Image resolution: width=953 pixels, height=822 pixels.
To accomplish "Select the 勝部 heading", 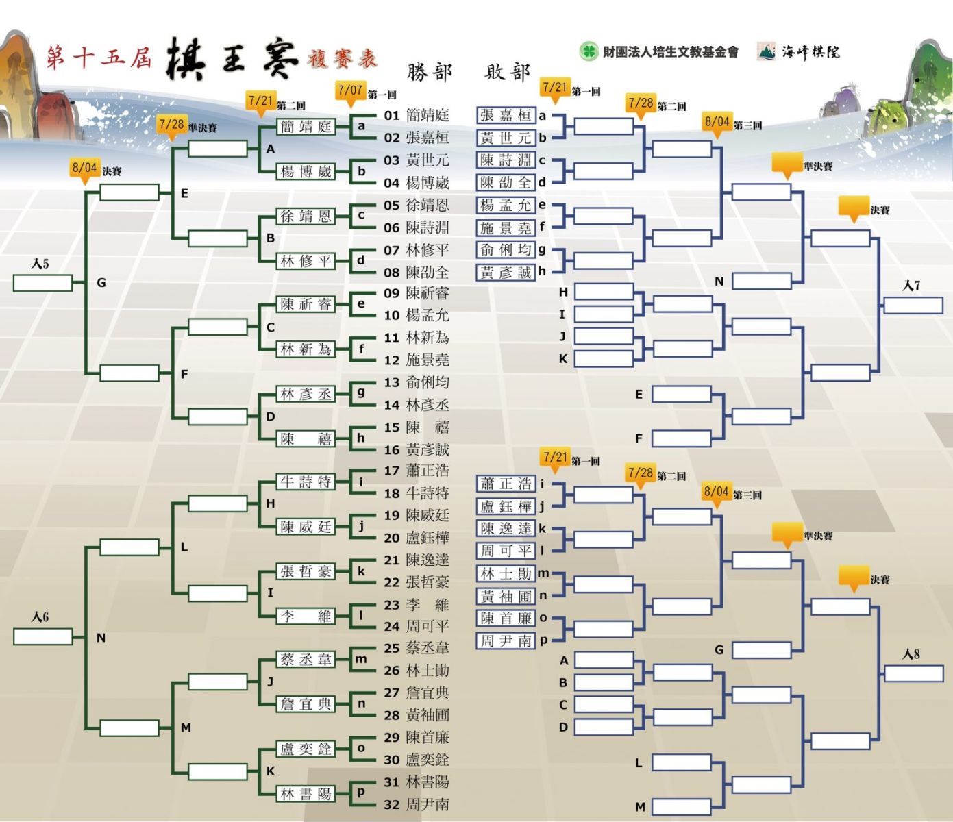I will coord(430,72).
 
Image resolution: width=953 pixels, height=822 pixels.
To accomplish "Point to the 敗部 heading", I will coord(508,72).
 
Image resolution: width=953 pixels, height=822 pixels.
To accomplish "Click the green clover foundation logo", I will coord(588,51).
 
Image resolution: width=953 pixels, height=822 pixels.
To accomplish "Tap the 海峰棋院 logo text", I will coord(810,51).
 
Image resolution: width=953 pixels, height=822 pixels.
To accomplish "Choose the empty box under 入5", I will coord(42,283).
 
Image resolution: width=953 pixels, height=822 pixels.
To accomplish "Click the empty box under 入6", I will coord(42,636).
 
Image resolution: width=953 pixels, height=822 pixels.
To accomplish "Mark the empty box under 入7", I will coord(913,305).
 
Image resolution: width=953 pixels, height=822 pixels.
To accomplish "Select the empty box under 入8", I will coord(913,673).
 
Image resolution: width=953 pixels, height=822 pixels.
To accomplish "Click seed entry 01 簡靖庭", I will coord(417,115).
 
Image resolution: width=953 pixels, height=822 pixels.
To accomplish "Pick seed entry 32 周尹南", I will coord(417,804).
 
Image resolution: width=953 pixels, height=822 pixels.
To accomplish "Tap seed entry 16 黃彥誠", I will coord(417,449).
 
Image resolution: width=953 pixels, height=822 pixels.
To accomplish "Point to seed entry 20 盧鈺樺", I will coord(417,538).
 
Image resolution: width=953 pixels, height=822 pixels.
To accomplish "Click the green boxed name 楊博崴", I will coord(306,171).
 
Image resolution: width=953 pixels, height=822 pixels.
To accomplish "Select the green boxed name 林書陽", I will coord(306,794).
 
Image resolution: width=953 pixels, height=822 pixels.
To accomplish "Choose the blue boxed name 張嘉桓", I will coord(506,115).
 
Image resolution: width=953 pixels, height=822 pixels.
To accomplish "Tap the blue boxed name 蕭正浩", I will coord(506,484).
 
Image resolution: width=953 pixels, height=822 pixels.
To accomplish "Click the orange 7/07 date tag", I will coord(350,90).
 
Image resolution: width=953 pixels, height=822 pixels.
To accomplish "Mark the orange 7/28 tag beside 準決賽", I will coord(171,125).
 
